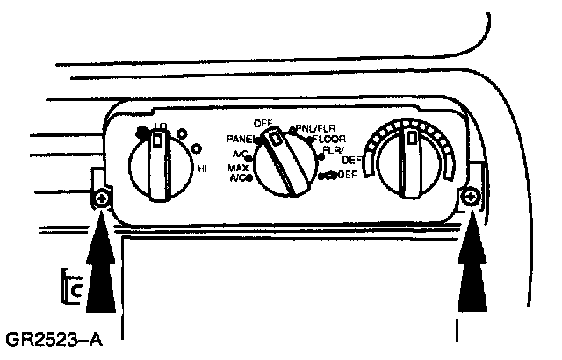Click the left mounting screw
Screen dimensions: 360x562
point(102,201)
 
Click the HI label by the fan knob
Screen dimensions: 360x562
point(202,168)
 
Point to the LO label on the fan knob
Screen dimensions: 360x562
point(160,127)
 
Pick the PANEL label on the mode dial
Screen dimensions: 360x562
point(239,139)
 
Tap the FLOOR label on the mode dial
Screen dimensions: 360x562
point(330,139)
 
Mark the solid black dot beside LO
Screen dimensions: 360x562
point(141,132)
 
